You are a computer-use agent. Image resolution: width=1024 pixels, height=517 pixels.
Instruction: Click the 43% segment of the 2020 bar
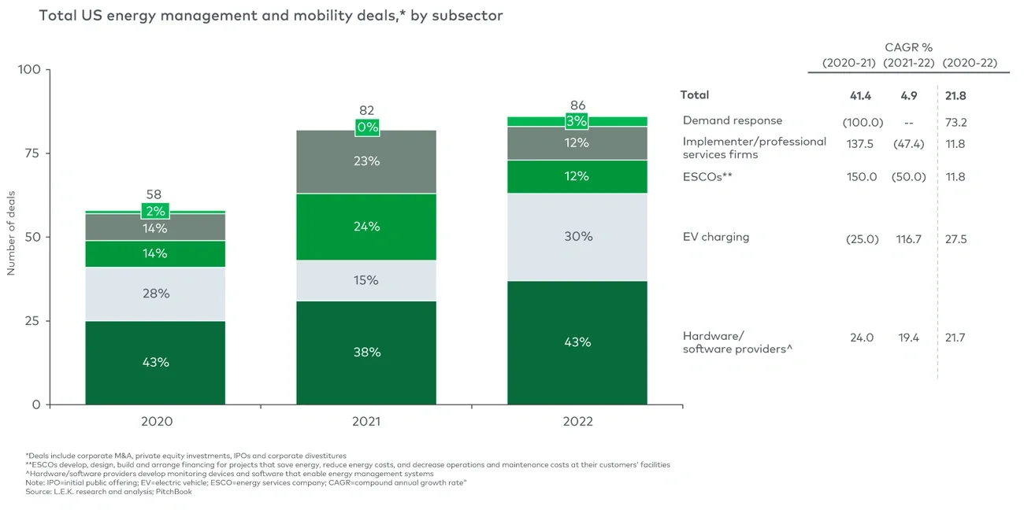156,363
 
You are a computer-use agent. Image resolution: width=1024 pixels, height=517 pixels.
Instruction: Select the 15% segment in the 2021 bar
366,280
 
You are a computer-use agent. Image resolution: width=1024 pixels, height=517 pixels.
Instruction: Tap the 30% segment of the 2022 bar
577,236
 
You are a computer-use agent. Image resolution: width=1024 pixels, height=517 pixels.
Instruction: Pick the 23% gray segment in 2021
366,161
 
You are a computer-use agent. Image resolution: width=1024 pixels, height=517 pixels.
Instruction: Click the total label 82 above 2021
366,111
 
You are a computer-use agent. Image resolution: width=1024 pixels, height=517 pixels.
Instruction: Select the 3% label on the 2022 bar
577,121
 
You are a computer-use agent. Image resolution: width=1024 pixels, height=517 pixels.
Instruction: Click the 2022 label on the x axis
577,422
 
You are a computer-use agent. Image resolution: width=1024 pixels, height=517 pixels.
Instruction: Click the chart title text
270,16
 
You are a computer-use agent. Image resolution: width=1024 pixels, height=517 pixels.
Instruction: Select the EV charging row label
715,237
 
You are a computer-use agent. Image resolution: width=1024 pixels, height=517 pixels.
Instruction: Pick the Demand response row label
732,120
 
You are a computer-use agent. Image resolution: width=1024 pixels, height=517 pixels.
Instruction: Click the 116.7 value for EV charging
905,238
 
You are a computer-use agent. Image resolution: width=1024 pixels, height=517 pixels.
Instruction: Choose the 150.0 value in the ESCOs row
861,177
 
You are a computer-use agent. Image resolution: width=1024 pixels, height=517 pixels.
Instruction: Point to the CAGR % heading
908,47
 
